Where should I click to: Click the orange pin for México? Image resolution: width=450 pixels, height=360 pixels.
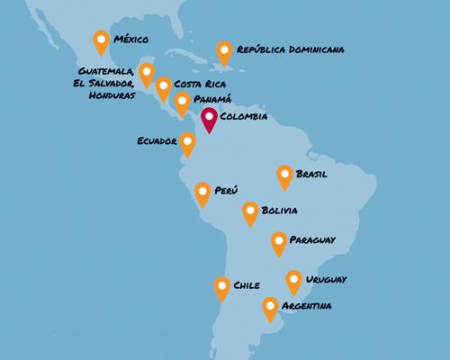pyautogui.click(x=101, y=41)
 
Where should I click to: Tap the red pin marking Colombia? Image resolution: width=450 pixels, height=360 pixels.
pyautogui.click(x=209, y=119)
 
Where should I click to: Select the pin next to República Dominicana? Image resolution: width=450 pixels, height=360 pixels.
pyautogui.click(x=223, y=52)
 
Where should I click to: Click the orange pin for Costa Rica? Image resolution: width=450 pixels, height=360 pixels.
pyautogui.click(x=163, y=87)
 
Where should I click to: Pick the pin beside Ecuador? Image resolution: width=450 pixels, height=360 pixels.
pyautogui.click(x=187, y=142)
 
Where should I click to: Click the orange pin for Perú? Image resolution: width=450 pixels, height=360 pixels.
pyautogui.click(x=203, y=193)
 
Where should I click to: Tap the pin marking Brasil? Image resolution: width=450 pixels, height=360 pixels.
pyautogui.click(x=284, y=175)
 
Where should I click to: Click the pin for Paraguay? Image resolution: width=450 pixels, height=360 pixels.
pyautogui.click(x=279, y=242)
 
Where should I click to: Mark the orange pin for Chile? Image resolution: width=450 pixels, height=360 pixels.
pyautogui.click(x=221, y=287)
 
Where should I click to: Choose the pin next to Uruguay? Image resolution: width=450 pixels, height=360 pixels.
pyautogui.click(x=293, y=281)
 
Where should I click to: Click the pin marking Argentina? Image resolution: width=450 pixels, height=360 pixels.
pyautogui.click(x=269, y=308)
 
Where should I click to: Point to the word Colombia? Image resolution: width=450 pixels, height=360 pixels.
pyautogui.click(x=245, y=117)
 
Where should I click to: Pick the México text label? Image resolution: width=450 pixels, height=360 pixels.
pyautogui.click(x=130, y=40)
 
